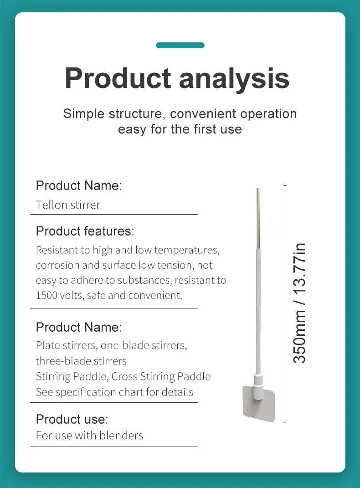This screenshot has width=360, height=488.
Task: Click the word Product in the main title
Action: click(x=118, y=78)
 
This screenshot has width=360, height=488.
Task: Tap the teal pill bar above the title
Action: click(x=180, y=46)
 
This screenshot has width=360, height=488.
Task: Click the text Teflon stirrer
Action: click(x=68, y=205)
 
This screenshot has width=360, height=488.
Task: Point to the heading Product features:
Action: click(x=85, y=231)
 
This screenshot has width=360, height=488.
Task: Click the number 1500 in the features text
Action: click(x=46, y=295)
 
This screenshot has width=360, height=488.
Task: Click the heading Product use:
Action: click(x=72, y=419)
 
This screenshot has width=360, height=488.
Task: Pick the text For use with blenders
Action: click(x=90, y=436)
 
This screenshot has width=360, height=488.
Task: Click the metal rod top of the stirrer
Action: click(x=258, y=218)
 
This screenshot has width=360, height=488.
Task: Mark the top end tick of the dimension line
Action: click(x=285, y=186)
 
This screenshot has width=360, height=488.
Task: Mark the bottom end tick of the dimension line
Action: click(x=285, y=422)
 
